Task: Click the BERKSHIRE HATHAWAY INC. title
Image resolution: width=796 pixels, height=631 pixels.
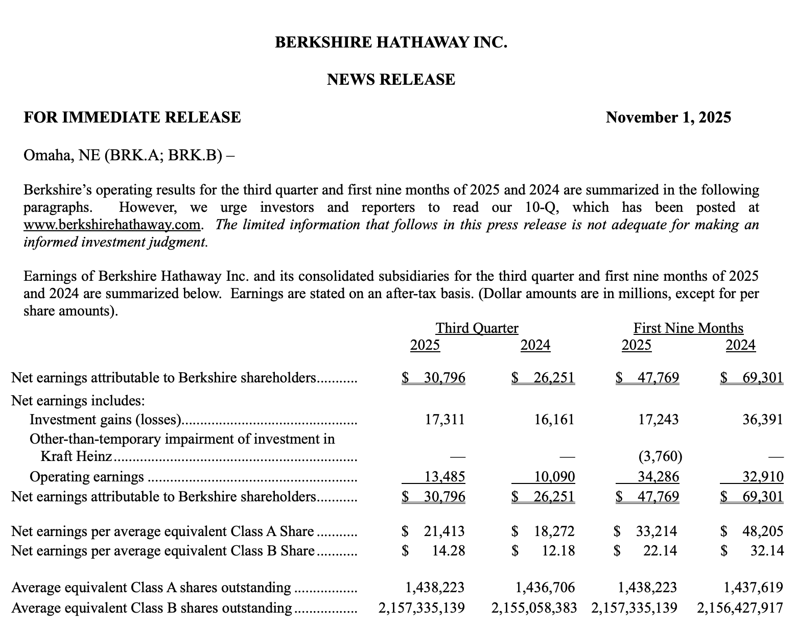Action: [391, 42]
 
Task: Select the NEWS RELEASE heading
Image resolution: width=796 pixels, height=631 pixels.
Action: [391, 80]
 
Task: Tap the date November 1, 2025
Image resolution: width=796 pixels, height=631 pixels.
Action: [668, 118]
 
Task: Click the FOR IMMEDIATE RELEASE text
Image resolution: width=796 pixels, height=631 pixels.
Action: [132, 118]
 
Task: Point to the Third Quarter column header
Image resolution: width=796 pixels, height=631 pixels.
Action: [477, 328]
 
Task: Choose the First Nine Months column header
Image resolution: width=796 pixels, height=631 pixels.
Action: [688, 328]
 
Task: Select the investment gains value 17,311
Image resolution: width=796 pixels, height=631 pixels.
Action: [444, 420]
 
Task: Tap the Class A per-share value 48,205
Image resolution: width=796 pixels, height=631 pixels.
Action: [762, 531]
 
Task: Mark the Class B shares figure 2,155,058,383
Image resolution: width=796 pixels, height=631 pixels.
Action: [534, 608]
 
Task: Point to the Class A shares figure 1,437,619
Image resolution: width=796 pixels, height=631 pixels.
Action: [753, 588]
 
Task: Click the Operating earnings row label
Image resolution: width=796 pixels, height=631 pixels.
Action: [87, 477]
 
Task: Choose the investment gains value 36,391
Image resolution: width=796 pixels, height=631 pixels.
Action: [762, 420]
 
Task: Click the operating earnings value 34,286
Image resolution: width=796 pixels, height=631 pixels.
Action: [659, 477]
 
